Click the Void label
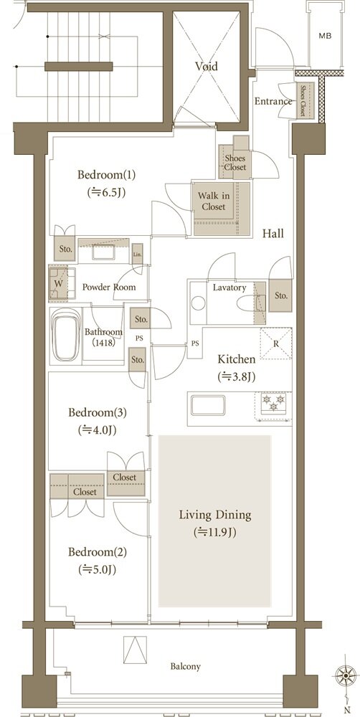click(207, 66)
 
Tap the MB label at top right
click(326, 36)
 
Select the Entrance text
click(273, 102)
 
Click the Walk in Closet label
click(214, 201)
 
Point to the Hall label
click(273, 234)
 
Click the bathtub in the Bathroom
click(66, 335)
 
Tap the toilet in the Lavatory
click(248, 303)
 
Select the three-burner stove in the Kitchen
click(273, 404)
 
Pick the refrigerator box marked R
click(275, 344)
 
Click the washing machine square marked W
click(62, 283)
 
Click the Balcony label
click(186, 666)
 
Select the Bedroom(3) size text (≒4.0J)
click(97, 429)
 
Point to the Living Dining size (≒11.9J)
click(214, 532)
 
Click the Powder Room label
click(109, 288)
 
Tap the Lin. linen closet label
click(137, 254)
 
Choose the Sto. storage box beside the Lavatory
click(280, 295)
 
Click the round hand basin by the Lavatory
click(198, 303)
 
